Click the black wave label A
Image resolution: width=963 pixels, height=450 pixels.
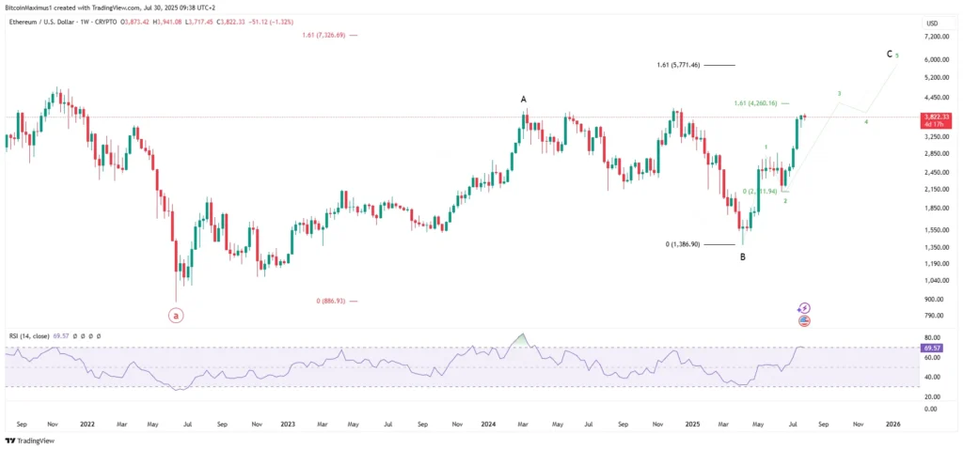click(524, 98)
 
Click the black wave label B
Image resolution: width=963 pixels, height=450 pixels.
click(742, 256)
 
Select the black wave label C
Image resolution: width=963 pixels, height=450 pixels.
click(890, 54)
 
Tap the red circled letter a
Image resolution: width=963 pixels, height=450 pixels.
click(176, 316)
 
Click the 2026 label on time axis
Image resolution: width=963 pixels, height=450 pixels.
click(893, 424)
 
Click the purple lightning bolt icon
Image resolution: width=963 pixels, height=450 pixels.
click(804, 307)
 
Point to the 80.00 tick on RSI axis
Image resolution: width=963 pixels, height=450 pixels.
click(934, 336)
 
